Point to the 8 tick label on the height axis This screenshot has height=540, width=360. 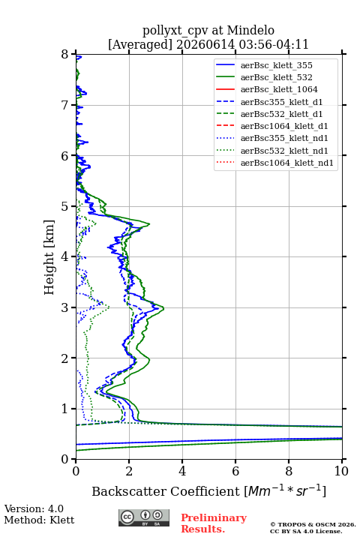point(65,54)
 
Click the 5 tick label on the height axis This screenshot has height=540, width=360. point(65,206)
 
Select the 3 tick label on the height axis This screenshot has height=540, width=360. point(65,307)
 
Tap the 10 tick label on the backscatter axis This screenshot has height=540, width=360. point(341,471)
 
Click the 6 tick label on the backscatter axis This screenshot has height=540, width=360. point(235,471)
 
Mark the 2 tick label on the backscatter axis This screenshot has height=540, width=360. point(129,471)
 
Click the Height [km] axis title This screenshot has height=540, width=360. point(49,257)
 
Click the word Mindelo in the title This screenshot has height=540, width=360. point(250,30)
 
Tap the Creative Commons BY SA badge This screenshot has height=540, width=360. point(144,517)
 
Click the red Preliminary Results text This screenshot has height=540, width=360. point(214,523)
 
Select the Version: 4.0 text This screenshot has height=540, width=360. point(34,508)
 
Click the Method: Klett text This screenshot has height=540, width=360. point(39,520)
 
